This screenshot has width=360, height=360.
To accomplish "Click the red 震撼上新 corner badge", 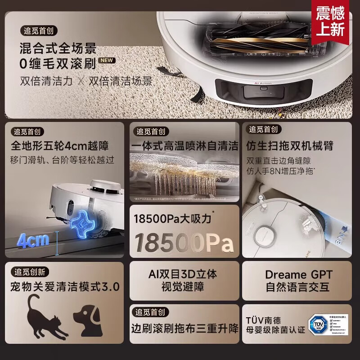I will pyautogui.click(x=330, y=21).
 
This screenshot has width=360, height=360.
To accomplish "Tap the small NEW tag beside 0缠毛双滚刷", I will pyautogui.click(x=108, y=60).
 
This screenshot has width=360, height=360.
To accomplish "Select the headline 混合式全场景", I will pyautogui.click(x=58, y=48).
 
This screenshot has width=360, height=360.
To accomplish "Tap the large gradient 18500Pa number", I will pyautogui.click(x=184, y=243).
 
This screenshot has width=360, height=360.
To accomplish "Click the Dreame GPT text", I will pyautogui.click(x=299, y=274).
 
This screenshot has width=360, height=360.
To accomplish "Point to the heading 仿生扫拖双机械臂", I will pyautogui.click(x=290, y=146).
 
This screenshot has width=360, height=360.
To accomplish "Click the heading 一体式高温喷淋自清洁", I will pyautogui.click(x=184, y=146).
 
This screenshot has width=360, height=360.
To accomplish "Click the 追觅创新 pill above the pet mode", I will pyautogui.click(x=30, y=272).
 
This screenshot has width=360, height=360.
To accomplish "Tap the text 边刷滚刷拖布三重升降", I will pyautogui.click(x=184, y=328).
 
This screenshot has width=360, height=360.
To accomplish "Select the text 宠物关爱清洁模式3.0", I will pyautogui.click(x=65, y=287).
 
